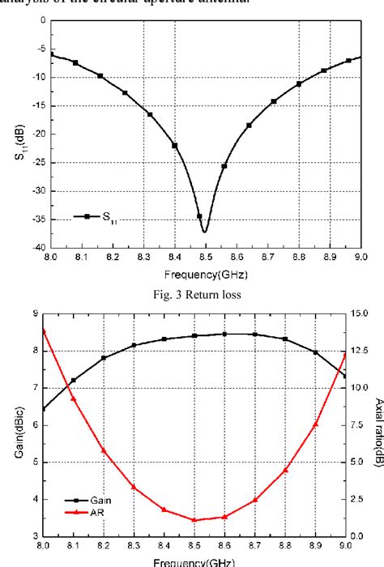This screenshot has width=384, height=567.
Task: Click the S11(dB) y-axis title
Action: [17, 134]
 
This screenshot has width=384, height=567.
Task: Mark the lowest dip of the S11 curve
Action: [205, 232]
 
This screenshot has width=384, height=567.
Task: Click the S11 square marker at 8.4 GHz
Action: [175, 146]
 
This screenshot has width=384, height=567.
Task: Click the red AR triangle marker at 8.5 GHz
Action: [194, 520]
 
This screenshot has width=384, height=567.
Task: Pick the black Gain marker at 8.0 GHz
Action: [43, 409]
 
